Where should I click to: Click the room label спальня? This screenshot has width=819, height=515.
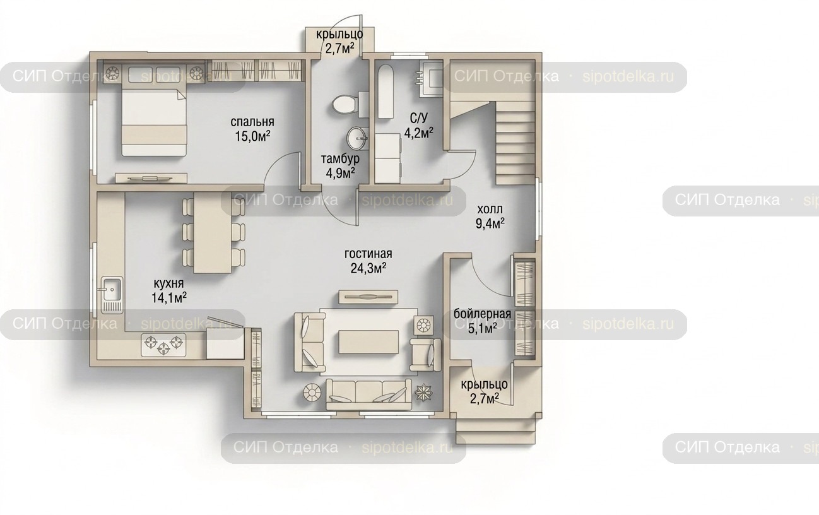point(252,122)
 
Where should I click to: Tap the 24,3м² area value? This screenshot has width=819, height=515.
point(368,268)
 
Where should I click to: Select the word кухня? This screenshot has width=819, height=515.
point(168,283)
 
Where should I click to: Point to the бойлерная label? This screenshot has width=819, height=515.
point(482,314)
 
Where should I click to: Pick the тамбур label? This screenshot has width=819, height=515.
point(340,159)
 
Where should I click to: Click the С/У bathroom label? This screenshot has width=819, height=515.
point(418,118)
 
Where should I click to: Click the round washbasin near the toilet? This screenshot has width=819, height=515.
point(358,138)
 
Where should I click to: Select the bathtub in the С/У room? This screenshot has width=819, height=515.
point(386,92)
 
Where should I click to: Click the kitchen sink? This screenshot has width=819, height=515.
point(112,295)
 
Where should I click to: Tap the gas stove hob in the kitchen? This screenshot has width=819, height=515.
point(163,345)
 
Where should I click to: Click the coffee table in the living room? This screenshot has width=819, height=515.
point(368,342)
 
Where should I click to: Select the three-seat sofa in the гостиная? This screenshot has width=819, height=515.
point(368,394)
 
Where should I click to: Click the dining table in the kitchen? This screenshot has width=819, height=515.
point(213,232)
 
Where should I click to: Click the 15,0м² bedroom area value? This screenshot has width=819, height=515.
point(252,136)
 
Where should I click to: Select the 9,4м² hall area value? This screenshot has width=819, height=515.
point(490,223)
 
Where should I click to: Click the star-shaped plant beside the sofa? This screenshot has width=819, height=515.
point(423,393)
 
